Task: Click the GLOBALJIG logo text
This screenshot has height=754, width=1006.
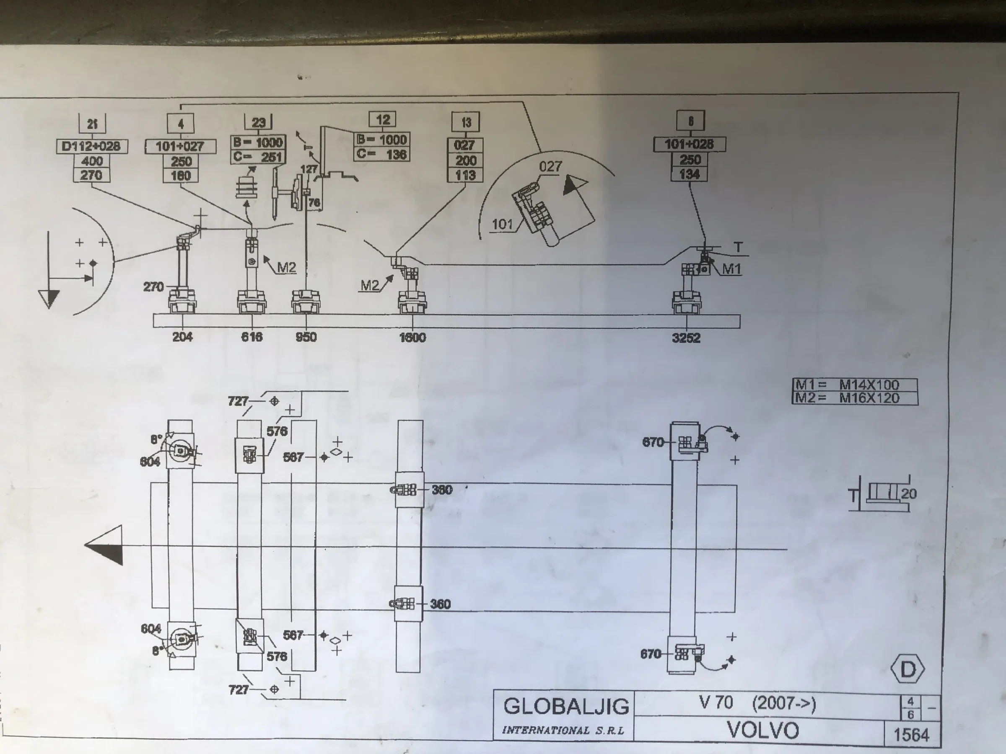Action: [566, 706]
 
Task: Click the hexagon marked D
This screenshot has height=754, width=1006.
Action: [908, 669]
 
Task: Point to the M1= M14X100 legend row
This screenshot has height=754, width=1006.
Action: [855, 385]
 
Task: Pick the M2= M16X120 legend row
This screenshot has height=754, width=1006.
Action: [855, 398]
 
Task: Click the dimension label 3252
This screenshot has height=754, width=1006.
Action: [686, 338]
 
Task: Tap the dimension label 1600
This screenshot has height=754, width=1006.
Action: [412, 337]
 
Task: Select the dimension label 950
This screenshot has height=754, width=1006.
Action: [306, 337]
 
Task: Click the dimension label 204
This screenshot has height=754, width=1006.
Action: [182, 336]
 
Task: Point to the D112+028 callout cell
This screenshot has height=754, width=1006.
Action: [91, 146]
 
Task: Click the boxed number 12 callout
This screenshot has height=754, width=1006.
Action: [382, 119]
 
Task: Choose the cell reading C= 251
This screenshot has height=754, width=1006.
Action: [258, 157]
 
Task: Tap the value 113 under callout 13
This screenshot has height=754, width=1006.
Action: [465, 175]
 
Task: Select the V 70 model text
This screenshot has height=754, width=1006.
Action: [716, 702]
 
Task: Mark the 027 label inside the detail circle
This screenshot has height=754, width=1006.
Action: [550, 167]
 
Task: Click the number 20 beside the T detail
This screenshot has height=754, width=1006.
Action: [909, 493]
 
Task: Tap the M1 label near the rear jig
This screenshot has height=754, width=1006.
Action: [731, 269]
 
